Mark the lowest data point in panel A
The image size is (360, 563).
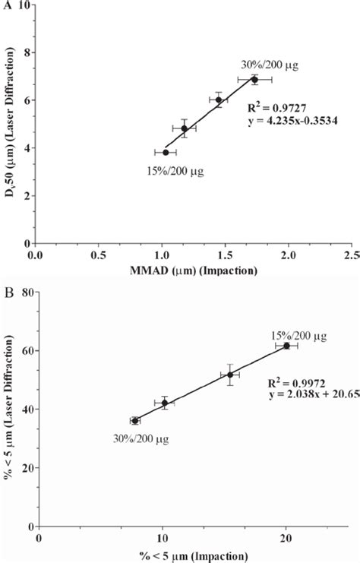click(166, 153)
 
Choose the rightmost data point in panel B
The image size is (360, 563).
click(286, 346)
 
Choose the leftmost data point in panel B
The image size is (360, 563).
click(134, 420)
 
